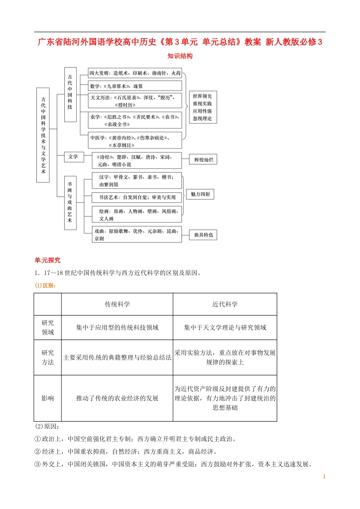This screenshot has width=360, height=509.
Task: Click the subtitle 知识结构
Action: pyautogui.click(x=180, y=56)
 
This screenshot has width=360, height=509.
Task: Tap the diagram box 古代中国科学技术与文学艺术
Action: pyautogui.click(x=43, y=135)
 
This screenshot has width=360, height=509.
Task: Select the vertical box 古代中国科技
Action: pyautogui.click(x=70, y=94)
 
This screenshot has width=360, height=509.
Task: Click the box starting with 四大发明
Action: pyautogui.click(x=135, y=73)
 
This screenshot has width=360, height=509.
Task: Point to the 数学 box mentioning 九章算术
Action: pyautogui.click(x=135, y=86)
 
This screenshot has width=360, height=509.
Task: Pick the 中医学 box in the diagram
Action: pyautogui.click(x=135, y=141)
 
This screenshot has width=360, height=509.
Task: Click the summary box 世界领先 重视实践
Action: pyautogui.click(x=202, y=107)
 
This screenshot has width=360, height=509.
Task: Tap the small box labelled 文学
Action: pyautogui.click(x=73, y=157)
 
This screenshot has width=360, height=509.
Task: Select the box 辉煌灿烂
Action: pyautogui.click(x=203, y=159)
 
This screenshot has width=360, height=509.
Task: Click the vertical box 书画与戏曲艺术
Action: pyautogui.click(x=70, y=203)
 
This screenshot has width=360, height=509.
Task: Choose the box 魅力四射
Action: pyautogui.click(x=200, y=194)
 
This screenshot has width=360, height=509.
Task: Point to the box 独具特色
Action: pyautogui.click(x=203, y=235)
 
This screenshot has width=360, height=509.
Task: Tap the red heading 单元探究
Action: pyautogui.click(x=47, y=260)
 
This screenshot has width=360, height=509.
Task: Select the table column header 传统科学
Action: pyautogui.click(x=117, y=304)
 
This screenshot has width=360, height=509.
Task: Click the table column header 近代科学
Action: pyautogui.click(x=225, y=304)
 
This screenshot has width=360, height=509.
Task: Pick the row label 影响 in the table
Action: pyautogui.click(x=48, y=398)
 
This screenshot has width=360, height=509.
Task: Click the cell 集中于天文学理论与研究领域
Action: pyautogui.click(x=225, y=328)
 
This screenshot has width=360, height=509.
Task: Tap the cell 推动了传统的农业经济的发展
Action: pyautogui.click(x=117, y=398)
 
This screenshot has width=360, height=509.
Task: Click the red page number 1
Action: pyautogui.click(x=324, y=476)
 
